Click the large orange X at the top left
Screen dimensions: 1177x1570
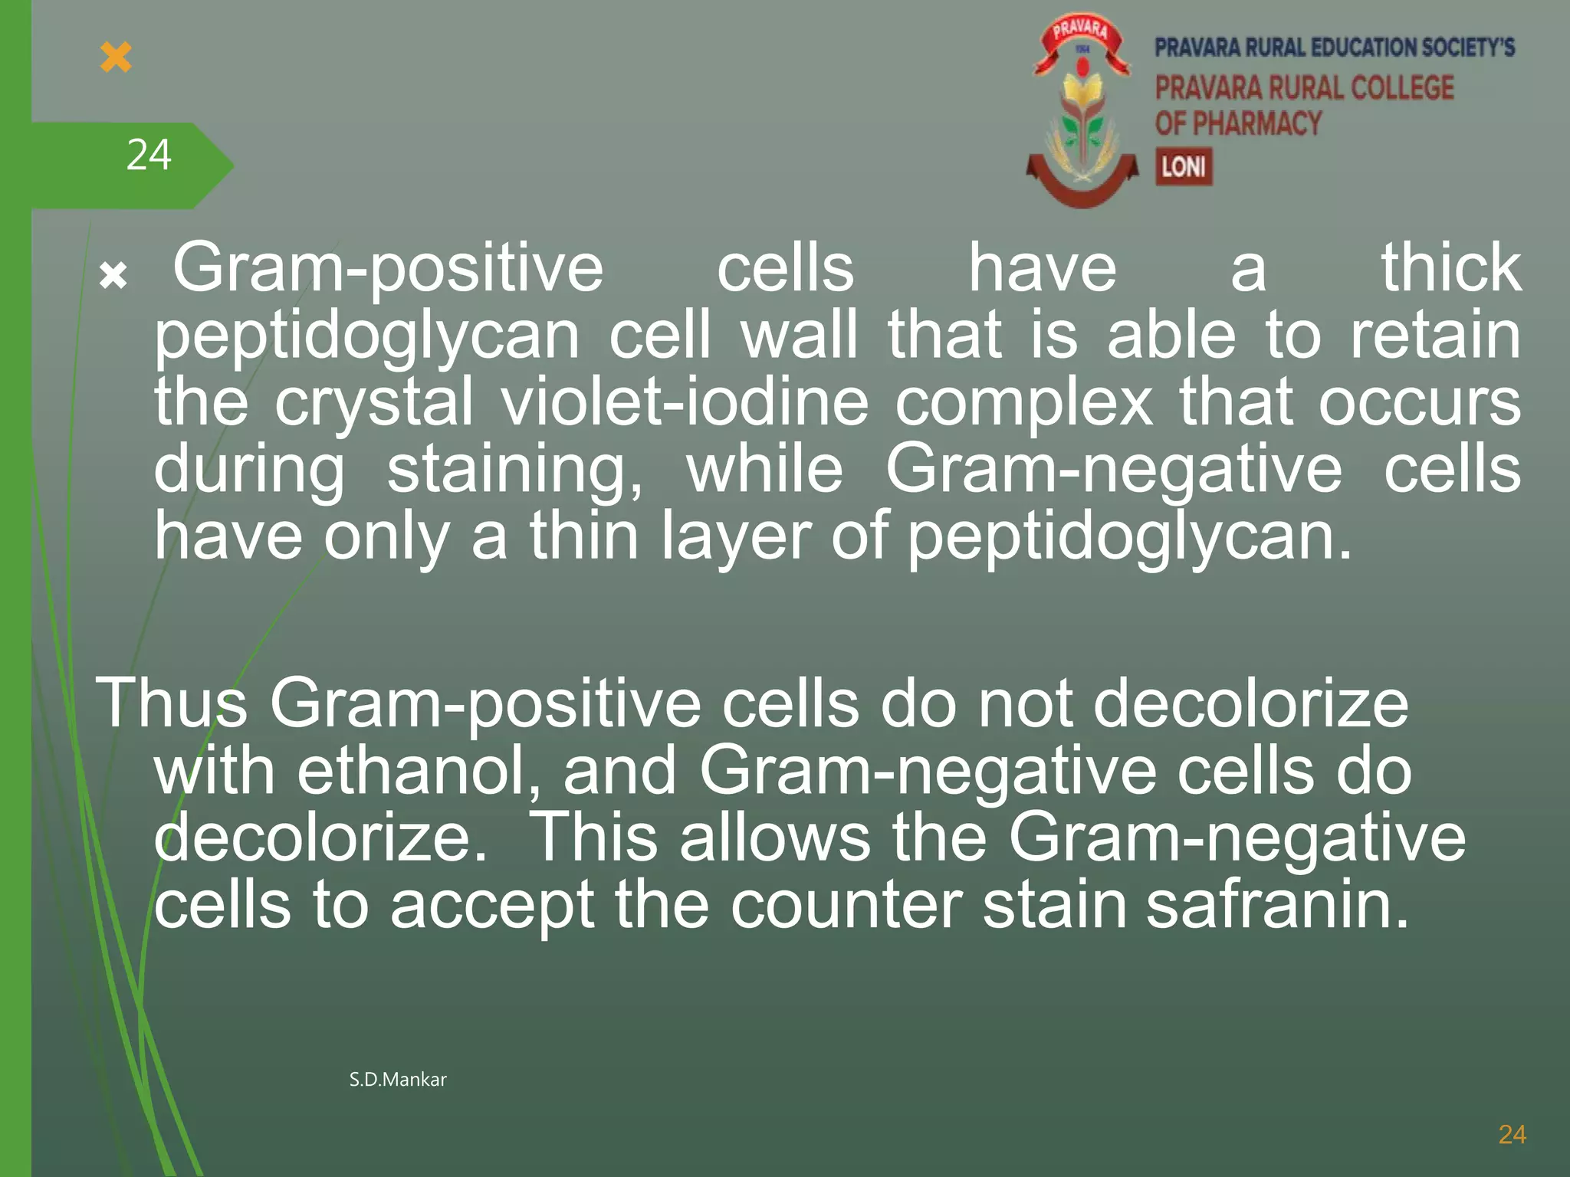pyautogui.click(x=116, y=57)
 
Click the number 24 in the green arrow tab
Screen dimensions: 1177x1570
pyautogui.click(x=148, y=156)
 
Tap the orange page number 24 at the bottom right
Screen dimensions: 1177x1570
pyautogui.click(x=1512, y=1135)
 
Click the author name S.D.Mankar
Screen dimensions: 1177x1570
pyautogui.click(x=397, y=1080)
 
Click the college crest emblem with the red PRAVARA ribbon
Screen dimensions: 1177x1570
pyautogui.click(x=1082, y=111)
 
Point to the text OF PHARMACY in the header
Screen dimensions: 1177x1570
pyautogui.click(x=1238, y=123)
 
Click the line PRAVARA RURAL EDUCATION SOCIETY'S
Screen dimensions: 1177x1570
pyautogui.click(x=1335, y=48)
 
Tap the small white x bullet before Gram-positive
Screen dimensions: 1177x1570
pyautogui.click(x=113, y=275)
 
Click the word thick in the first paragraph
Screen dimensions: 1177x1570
pyautogui.click(x=1450, y=267)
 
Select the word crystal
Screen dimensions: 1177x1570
pyautogui.click(x=373, y=403)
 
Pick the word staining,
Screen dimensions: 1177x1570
pyautogui.click(x=514, y=470)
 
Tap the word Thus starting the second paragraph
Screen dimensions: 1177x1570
pyautogui.click(x=172, y=703)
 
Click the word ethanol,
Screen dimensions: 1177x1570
pyautogui.click(x=419, y=771)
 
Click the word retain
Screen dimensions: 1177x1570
pyautogui.click(x=1435, y=336)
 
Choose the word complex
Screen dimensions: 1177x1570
pyautogui.click(x=1023, y=403)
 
